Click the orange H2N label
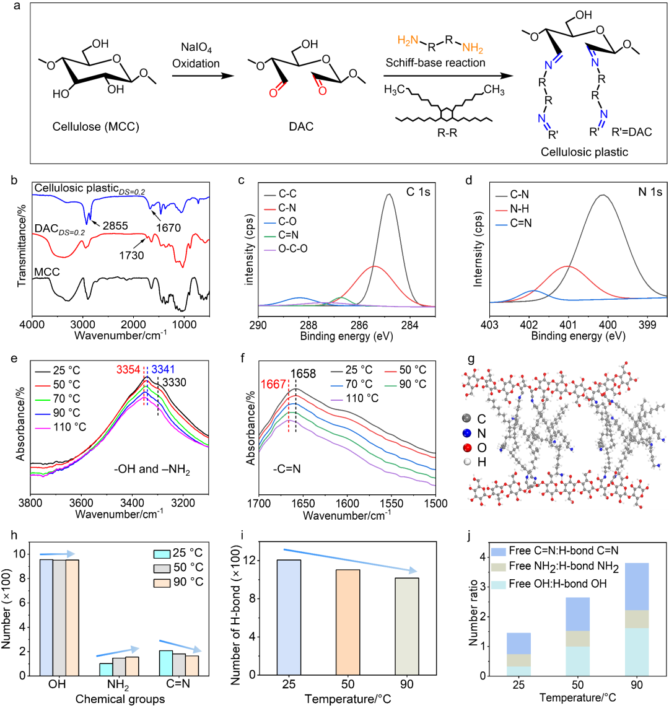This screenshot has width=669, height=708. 408,40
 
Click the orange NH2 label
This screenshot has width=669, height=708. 473,48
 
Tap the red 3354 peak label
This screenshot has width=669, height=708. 128,370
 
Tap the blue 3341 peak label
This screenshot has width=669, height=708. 164,370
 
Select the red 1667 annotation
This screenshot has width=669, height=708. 273,385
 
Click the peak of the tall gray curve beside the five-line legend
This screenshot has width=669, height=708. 389,194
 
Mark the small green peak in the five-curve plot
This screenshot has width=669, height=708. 342,298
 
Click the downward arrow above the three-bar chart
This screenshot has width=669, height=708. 350,560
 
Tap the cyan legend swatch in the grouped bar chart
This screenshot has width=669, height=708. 162,554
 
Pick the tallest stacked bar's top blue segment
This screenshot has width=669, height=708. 637,586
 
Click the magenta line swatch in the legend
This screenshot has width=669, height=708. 43,428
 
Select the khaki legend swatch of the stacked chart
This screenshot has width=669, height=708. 499,567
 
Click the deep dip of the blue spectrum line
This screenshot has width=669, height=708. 86,221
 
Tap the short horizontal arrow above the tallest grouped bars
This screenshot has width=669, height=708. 58,554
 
